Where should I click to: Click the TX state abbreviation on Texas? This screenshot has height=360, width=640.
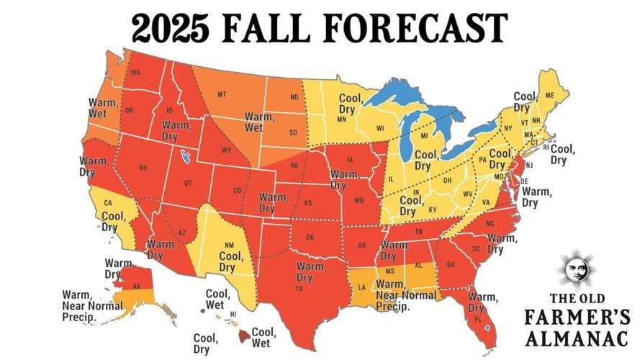point(298,289)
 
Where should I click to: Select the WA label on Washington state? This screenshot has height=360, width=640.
point(135,73)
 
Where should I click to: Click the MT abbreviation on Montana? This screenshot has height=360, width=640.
point(222,94)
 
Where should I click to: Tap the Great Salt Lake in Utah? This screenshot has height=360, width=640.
point(187,156)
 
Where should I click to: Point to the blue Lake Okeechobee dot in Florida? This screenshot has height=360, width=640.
point(488,326)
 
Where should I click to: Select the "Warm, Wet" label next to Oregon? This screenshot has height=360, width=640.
point(103,108)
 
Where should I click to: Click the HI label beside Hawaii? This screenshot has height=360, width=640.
point(233,315)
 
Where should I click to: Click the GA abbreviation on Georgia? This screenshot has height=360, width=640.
point(451,264)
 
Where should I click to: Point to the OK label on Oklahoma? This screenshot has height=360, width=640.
point(311,237)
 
